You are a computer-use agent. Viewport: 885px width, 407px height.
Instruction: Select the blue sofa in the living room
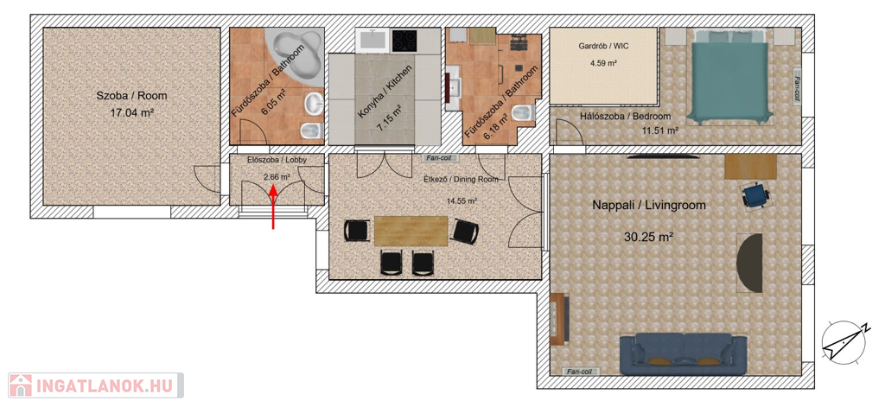(683, 354)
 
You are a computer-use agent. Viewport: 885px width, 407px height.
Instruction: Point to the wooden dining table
(411, 231)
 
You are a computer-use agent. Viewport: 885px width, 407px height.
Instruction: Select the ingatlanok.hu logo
(96, 385)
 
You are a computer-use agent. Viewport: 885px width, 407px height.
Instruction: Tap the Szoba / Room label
(131, 96)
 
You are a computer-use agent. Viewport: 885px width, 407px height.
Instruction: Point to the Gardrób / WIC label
(603, 47)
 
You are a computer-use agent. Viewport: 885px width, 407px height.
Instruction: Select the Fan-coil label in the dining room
(438, 159)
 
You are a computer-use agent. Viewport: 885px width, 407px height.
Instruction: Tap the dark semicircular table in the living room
(750, 263)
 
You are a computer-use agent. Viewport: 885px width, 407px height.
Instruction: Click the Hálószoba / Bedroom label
(626, 117)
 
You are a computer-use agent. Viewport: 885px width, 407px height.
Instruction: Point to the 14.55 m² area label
(462, 200)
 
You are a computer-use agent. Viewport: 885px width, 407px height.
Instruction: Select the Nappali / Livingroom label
(649, 206)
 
